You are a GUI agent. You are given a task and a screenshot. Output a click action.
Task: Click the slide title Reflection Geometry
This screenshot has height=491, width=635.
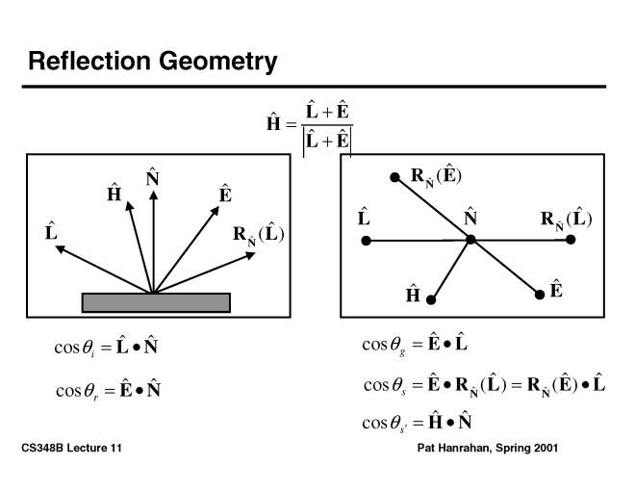coord(153,62)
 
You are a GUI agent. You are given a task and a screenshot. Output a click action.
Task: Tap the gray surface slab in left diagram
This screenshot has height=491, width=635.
coord(156,302)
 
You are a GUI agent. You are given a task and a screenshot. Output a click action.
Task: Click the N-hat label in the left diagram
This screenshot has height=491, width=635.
coord(152,179)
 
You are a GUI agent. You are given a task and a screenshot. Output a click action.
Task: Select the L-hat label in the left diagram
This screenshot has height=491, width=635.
coord(51,232)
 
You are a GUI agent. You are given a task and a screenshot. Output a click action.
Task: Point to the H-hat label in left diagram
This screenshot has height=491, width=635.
coord(114,194)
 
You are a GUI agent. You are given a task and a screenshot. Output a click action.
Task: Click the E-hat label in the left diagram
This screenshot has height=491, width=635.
coord(225,194)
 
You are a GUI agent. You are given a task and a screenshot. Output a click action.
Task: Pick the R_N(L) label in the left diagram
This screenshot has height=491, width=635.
coord(259,235)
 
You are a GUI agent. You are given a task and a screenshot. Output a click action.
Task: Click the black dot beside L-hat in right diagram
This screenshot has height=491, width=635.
coord(365,240)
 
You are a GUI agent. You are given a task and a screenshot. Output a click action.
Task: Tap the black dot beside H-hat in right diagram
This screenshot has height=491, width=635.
coord(432,299)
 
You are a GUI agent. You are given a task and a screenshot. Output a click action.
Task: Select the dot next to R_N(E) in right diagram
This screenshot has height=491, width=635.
coord(394,177)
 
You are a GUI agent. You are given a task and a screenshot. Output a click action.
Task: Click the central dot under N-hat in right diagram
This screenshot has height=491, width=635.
coord(470,238)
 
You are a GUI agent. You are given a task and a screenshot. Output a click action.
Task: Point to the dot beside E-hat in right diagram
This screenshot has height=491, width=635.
coord(540,295)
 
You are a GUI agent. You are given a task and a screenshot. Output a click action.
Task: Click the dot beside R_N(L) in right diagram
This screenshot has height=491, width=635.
coord(571,239)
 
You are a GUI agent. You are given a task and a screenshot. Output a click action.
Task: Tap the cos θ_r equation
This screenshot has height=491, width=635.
coord(108,390)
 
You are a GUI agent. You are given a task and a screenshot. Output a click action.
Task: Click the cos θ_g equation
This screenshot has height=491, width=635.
coord(415,344)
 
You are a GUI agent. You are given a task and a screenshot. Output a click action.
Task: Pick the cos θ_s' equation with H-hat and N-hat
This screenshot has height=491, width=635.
coord(416,422)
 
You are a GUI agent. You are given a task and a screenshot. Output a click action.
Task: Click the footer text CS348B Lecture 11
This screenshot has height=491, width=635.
coord(71,450)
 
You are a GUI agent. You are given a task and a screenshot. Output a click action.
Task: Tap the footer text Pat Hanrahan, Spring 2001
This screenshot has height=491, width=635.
coord(488,450)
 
